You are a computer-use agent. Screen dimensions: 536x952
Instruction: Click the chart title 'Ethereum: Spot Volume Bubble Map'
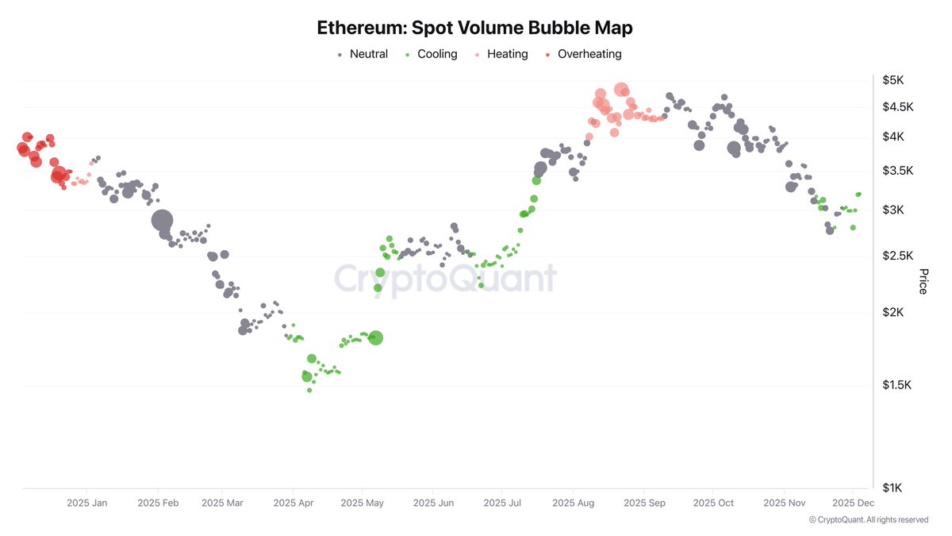[474, 28]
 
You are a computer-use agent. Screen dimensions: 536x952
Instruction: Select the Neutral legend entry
[363, 54]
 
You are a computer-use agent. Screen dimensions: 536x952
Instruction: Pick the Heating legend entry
[501, 54]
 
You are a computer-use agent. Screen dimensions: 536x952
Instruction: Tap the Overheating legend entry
[583, 54]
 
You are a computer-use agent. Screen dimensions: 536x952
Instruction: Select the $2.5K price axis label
[898, 256]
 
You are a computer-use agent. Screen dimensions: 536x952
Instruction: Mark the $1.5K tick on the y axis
[898, 385]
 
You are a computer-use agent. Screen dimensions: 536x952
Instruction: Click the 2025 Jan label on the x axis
[87, 503]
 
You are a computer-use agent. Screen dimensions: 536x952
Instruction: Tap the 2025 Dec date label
[854, 503]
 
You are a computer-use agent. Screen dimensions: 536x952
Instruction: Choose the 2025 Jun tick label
[433, 503]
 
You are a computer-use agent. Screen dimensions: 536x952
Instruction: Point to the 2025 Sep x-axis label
[644, 503]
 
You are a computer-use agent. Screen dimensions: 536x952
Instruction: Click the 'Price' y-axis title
[923, 282]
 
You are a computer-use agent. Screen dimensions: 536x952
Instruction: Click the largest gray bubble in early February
[162, 221]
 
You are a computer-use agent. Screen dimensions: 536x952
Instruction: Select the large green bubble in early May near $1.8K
[375, 337]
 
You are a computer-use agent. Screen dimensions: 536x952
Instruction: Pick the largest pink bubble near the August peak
[621, 91]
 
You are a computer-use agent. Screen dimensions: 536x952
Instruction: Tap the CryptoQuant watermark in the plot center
[445, 279]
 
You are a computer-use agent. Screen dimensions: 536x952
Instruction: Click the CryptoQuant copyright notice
[868, 519]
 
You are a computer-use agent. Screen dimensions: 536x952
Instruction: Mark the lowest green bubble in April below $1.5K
[309, 390]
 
